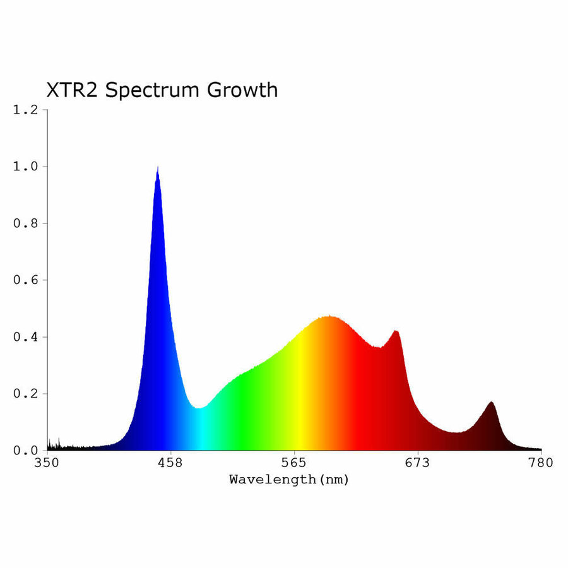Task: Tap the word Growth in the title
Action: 242,90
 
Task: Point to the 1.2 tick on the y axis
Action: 25,110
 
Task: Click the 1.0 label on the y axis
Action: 25,167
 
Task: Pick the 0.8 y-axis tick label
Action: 25,223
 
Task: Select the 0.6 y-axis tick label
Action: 25,280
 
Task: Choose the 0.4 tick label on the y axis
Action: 25,337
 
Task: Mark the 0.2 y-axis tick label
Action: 25,394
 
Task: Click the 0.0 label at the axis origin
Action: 25,451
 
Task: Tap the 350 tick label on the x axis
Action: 47,464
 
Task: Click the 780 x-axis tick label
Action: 541,464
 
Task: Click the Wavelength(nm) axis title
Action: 289,480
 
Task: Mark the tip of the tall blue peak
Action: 157,168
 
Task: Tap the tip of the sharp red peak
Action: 396,331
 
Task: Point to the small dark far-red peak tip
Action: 491,402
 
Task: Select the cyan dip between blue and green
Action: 199,409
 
